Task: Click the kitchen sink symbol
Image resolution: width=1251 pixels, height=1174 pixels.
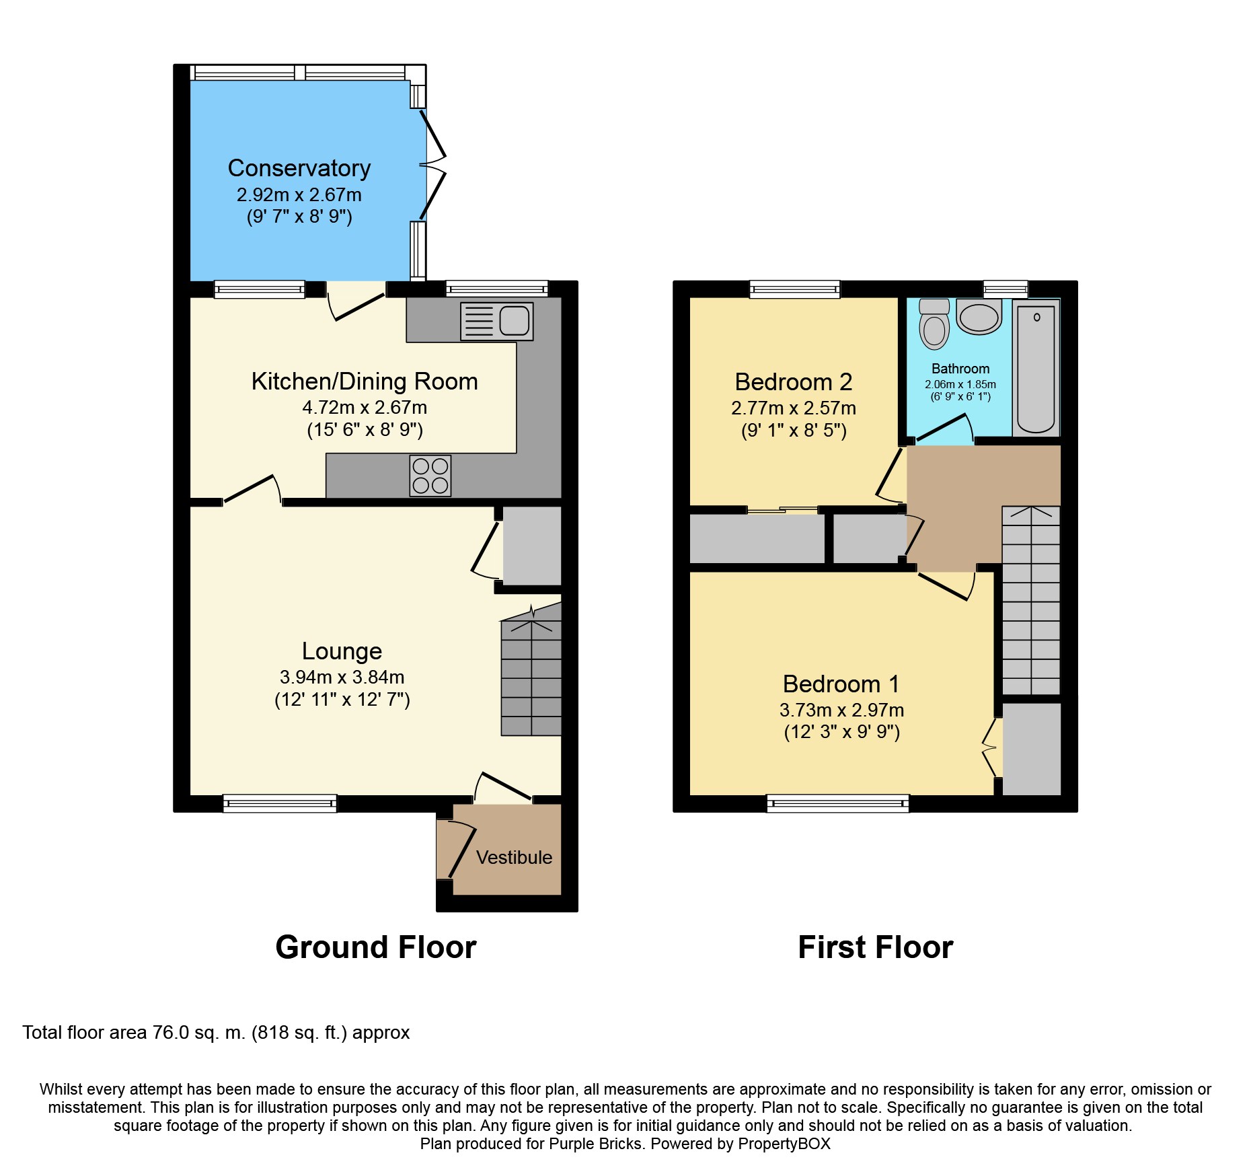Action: tap(497, 321)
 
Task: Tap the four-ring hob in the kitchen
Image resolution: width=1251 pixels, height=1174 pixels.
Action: tap(430, 476)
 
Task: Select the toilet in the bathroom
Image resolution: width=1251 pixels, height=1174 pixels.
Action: tap(934, 324)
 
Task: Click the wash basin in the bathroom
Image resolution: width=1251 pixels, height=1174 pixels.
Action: tap(979, 317)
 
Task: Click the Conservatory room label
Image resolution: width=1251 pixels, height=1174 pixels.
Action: tap(299, 168)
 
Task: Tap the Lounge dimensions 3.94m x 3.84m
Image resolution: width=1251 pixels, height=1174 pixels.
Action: tap(342, 677)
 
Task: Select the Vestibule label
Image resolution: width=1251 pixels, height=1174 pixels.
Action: tap(514, 857)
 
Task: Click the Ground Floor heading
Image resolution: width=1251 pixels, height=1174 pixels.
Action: tap(376, 947)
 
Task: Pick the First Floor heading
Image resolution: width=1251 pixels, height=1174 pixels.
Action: tap(875, 947)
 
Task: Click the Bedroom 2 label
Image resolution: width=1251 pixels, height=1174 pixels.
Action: tap(794, 381)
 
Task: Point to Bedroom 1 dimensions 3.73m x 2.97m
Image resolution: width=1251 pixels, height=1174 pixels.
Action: tap(841, 710)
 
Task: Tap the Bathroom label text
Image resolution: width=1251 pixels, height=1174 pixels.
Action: tap(960, 369)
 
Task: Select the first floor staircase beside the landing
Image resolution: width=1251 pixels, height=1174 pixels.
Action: tap(1031, 600)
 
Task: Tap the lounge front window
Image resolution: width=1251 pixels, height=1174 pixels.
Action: tap(280, 803)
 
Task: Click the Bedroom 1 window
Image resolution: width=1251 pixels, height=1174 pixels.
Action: tap(838, 803)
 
